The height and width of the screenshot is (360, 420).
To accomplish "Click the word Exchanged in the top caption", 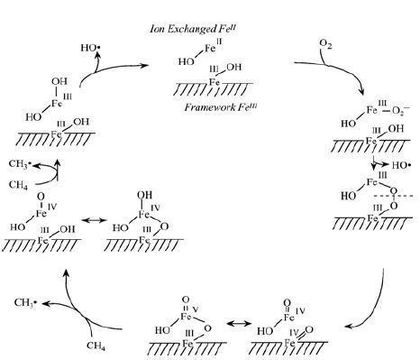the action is coord(191,29).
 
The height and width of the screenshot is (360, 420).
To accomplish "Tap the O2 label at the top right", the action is coord(325,44).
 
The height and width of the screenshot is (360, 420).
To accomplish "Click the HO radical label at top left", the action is coord(90,48).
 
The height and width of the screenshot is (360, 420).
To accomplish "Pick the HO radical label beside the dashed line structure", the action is coord(401,165).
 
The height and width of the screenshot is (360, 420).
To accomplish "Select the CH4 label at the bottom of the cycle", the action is coord(96,346).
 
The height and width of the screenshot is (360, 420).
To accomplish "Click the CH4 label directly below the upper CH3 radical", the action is coord(18,184).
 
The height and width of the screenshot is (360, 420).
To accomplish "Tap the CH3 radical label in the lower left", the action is coord(25,302).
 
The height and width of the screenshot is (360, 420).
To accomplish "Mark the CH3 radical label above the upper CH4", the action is coord(20,164).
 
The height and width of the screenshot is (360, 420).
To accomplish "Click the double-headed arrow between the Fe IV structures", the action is coord(94,220).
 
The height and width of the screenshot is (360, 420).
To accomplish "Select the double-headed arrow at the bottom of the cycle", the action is coord(239,324).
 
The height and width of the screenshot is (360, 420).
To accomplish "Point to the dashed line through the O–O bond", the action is coord(394,196).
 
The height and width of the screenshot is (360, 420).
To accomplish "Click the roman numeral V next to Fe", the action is coord(196,309).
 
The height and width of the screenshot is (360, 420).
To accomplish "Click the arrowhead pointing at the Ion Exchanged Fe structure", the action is coord(145,65).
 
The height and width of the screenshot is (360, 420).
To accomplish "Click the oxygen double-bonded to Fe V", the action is coord(186,300).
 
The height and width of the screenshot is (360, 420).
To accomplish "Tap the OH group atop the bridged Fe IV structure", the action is coord(144,195).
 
